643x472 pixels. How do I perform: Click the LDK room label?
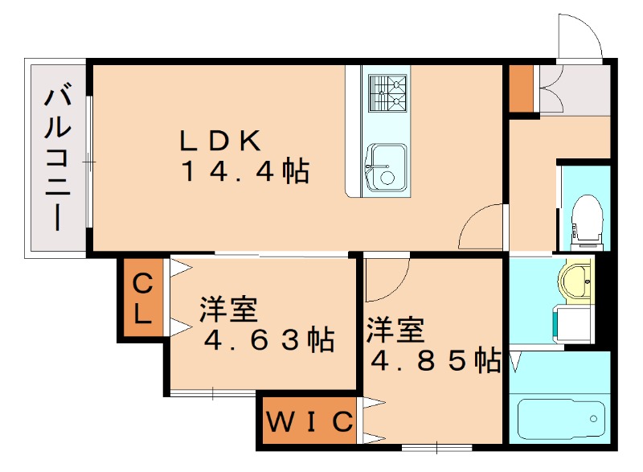[219, 141]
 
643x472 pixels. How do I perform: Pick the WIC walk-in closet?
[309, 421]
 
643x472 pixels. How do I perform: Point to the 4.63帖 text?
[268, 340]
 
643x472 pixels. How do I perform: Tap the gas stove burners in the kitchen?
[387, 92]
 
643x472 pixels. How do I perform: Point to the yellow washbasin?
[575, 281]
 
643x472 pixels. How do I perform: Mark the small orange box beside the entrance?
[520, 88]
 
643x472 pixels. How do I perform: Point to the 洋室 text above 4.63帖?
[228, 309]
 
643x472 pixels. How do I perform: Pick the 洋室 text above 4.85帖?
[395, 330]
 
